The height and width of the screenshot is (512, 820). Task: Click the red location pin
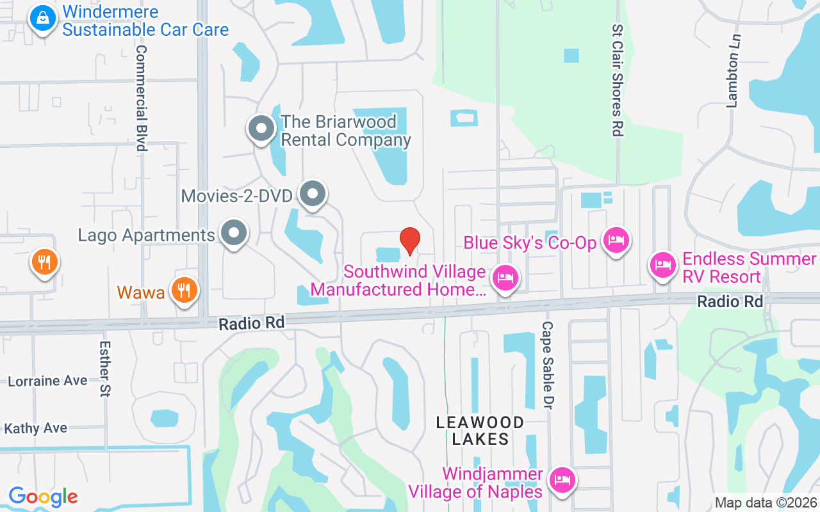[410, 241]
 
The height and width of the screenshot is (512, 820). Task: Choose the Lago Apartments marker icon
[234, 234]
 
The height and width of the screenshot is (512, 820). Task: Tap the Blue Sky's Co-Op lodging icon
[616, 241]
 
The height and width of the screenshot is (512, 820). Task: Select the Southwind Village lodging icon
[505, 278]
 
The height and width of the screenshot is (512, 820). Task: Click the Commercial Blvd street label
[142, 98]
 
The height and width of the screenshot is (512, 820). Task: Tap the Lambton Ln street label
[733, 71]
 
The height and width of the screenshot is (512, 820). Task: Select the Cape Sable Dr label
[548, 365]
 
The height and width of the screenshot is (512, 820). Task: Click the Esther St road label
[105, 368]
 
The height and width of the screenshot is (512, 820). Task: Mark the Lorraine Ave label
[47, 381]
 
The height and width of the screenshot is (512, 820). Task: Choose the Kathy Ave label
[36, 428]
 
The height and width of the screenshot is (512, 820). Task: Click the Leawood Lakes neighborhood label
[480, 431]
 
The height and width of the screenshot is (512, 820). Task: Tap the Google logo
[43, 496]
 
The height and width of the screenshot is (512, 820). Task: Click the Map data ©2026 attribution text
[766, 502]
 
